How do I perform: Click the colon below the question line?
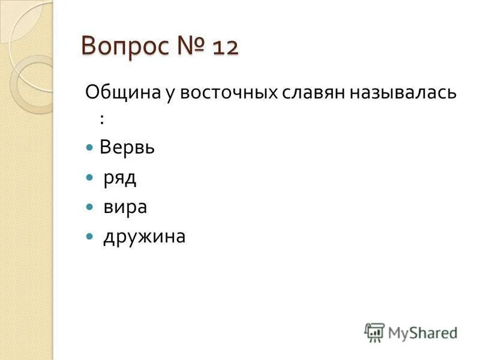(x=102, y=119)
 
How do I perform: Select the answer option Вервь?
(x=127, y=148)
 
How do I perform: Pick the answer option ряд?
(x=120, y=178)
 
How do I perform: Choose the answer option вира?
(x=125, y=207)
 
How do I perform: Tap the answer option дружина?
(x=144, y=237)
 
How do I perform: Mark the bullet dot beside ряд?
(x=90, y=178)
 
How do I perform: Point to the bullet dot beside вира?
(x=90, y=207)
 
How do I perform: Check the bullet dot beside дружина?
(x=90, y=236)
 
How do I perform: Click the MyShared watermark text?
(x=422, y=332)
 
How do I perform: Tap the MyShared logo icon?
(x=374, y=332)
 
